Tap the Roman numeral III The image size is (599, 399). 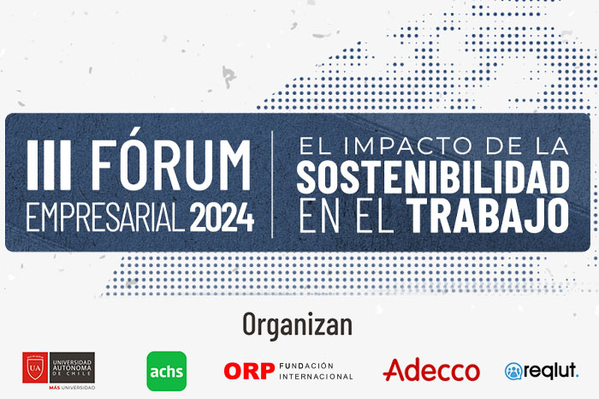(x=49, y=164)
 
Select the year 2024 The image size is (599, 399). (x=222, y=217)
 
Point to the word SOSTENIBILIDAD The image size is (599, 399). (x=433, y=177)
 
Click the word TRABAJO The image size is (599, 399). (x=488, y=216)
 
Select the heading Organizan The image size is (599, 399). (x=298, y=325)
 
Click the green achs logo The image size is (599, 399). (x=167, y=371)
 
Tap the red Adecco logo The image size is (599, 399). (x=431, y=370)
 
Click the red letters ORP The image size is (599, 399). (x=249, y=371)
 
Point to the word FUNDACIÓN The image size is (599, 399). (x=306, y=366)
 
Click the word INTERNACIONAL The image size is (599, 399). (x=316, y=377)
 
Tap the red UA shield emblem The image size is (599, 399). (x=35, y=367)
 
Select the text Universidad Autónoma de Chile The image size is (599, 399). (x=72, y=367)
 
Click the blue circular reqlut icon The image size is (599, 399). (x=513, y=371)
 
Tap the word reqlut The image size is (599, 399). (x=550, y=371)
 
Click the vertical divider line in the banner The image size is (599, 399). (x=272, y=184)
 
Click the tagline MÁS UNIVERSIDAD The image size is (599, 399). (x=72, y=388)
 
